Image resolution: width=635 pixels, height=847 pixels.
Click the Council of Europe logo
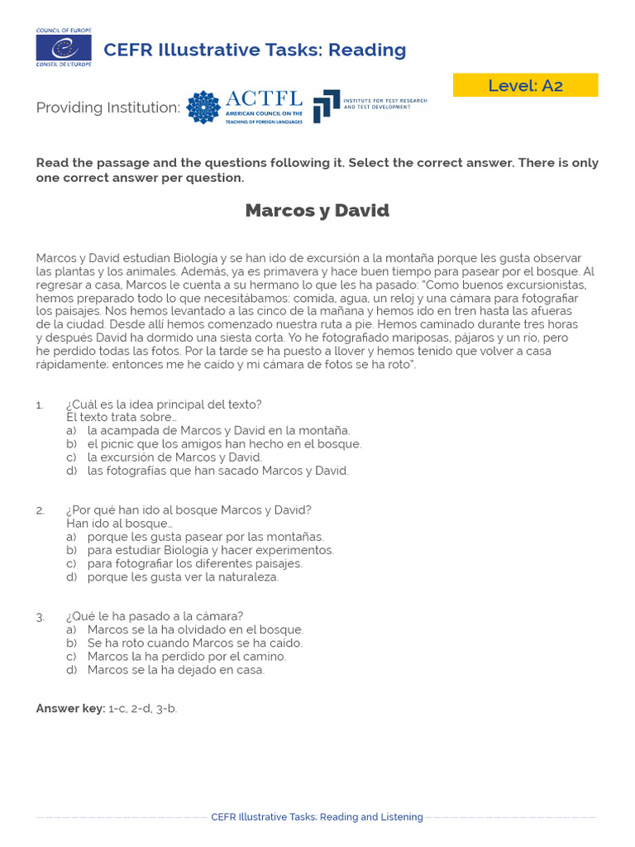(64, 49)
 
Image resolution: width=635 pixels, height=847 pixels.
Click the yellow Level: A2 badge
(525, 85)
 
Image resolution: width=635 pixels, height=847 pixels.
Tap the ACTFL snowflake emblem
(203, 108)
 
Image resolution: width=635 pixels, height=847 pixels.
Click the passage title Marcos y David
(317, 211)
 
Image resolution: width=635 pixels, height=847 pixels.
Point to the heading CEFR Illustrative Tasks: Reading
(255, 50)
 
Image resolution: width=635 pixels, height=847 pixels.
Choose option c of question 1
(174, 457)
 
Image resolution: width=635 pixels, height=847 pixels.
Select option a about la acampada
(218, 431)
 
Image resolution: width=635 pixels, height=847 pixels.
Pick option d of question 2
(183, 577)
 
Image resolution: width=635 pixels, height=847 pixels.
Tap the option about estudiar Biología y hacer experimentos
(210, 550)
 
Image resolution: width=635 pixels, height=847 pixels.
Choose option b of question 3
(194, 643)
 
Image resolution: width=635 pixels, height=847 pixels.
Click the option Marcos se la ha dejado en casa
(175, 670)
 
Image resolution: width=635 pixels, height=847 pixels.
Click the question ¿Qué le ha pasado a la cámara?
(155, 616)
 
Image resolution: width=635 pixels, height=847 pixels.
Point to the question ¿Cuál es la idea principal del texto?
(164, 404)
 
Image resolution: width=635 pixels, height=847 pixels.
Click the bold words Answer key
(70, 709)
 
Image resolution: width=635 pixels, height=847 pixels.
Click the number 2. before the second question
(40, 510)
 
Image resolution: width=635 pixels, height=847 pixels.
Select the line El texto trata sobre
(121, 417)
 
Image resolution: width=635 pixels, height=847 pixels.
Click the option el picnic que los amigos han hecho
(224, 444)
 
